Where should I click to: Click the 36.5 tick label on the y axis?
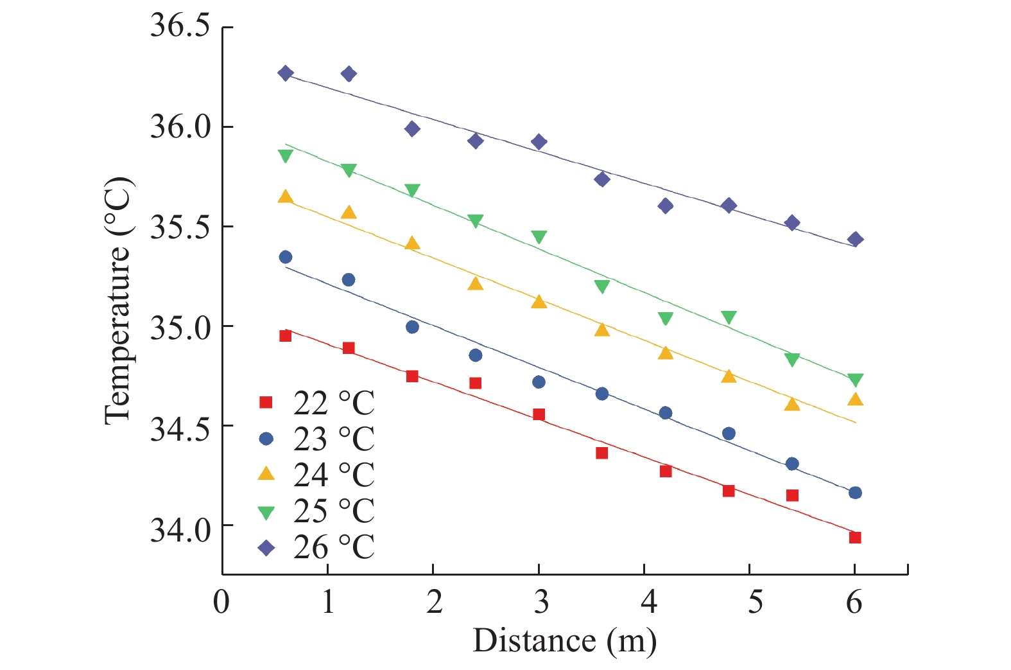click(180, 27)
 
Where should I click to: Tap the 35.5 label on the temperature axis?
click(180, 227)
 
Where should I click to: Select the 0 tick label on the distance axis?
click(221, 603)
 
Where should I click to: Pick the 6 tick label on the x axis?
click(854, 603)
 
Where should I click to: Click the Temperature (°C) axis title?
click(117, 301)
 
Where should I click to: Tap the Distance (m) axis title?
click(565, 640)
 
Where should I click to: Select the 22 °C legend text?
click(334, 403)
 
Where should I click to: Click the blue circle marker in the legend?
click(266, 439)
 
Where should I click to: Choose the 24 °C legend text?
click(334, 475)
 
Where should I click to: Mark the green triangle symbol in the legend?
click(266, 513)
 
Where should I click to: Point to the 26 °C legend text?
click(334, 547)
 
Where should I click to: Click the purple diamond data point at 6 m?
click(855, 240)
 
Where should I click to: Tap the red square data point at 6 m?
click(855, 538)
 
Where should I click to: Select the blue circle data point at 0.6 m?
click(286, 257)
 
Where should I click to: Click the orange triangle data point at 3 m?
click(539, 301)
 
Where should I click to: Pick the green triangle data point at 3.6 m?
click(602, 287)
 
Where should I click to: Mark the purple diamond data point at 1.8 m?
click(412, 128)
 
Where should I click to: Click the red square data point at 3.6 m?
click(602, 453)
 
